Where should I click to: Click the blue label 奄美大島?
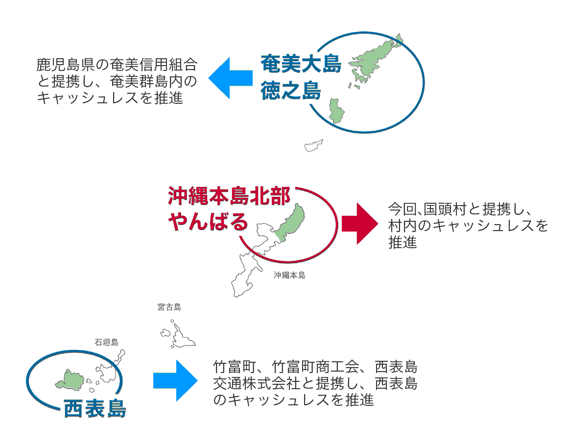point(300,64)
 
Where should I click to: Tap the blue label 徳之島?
point(290,91)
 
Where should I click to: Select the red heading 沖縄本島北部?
point(229,197)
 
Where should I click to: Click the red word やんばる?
point(208,222)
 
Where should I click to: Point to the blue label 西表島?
point(95,408)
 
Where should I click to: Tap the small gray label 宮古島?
point(169,307)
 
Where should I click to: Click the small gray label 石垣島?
point(106,342)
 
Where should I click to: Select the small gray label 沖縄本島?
point(289,276)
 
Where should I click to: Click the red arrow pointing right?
point(360,223)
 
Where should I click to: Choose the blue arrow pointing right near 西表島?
point(175,381)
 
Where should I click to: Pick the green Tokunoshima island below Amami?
point(336,111)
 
